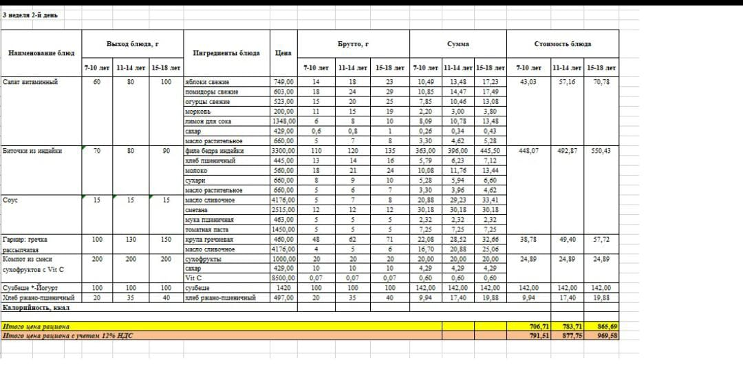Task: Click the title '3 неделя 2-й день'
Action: coord(30,15)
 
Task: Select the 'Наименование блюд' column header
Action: coord(41,53)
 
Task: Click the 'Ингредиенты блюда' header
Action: coord(226,53)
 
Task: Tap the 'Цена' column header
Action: coord(283,53)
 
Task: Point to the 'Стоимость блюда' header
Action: coord(562,44)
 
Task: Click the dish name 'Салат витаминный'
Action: coord(30,82)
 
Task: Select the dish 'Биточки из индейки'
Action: coord(33,150)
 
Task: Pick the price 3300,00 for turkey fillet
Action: coord(283,150)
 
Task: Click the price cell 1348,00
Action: coord(283,121)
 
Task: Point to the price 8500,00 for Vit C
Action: coord(283,278)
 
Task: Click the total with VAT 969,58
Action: coord(603,335)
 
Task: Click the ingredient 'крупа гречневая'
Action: coord(210,239)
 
